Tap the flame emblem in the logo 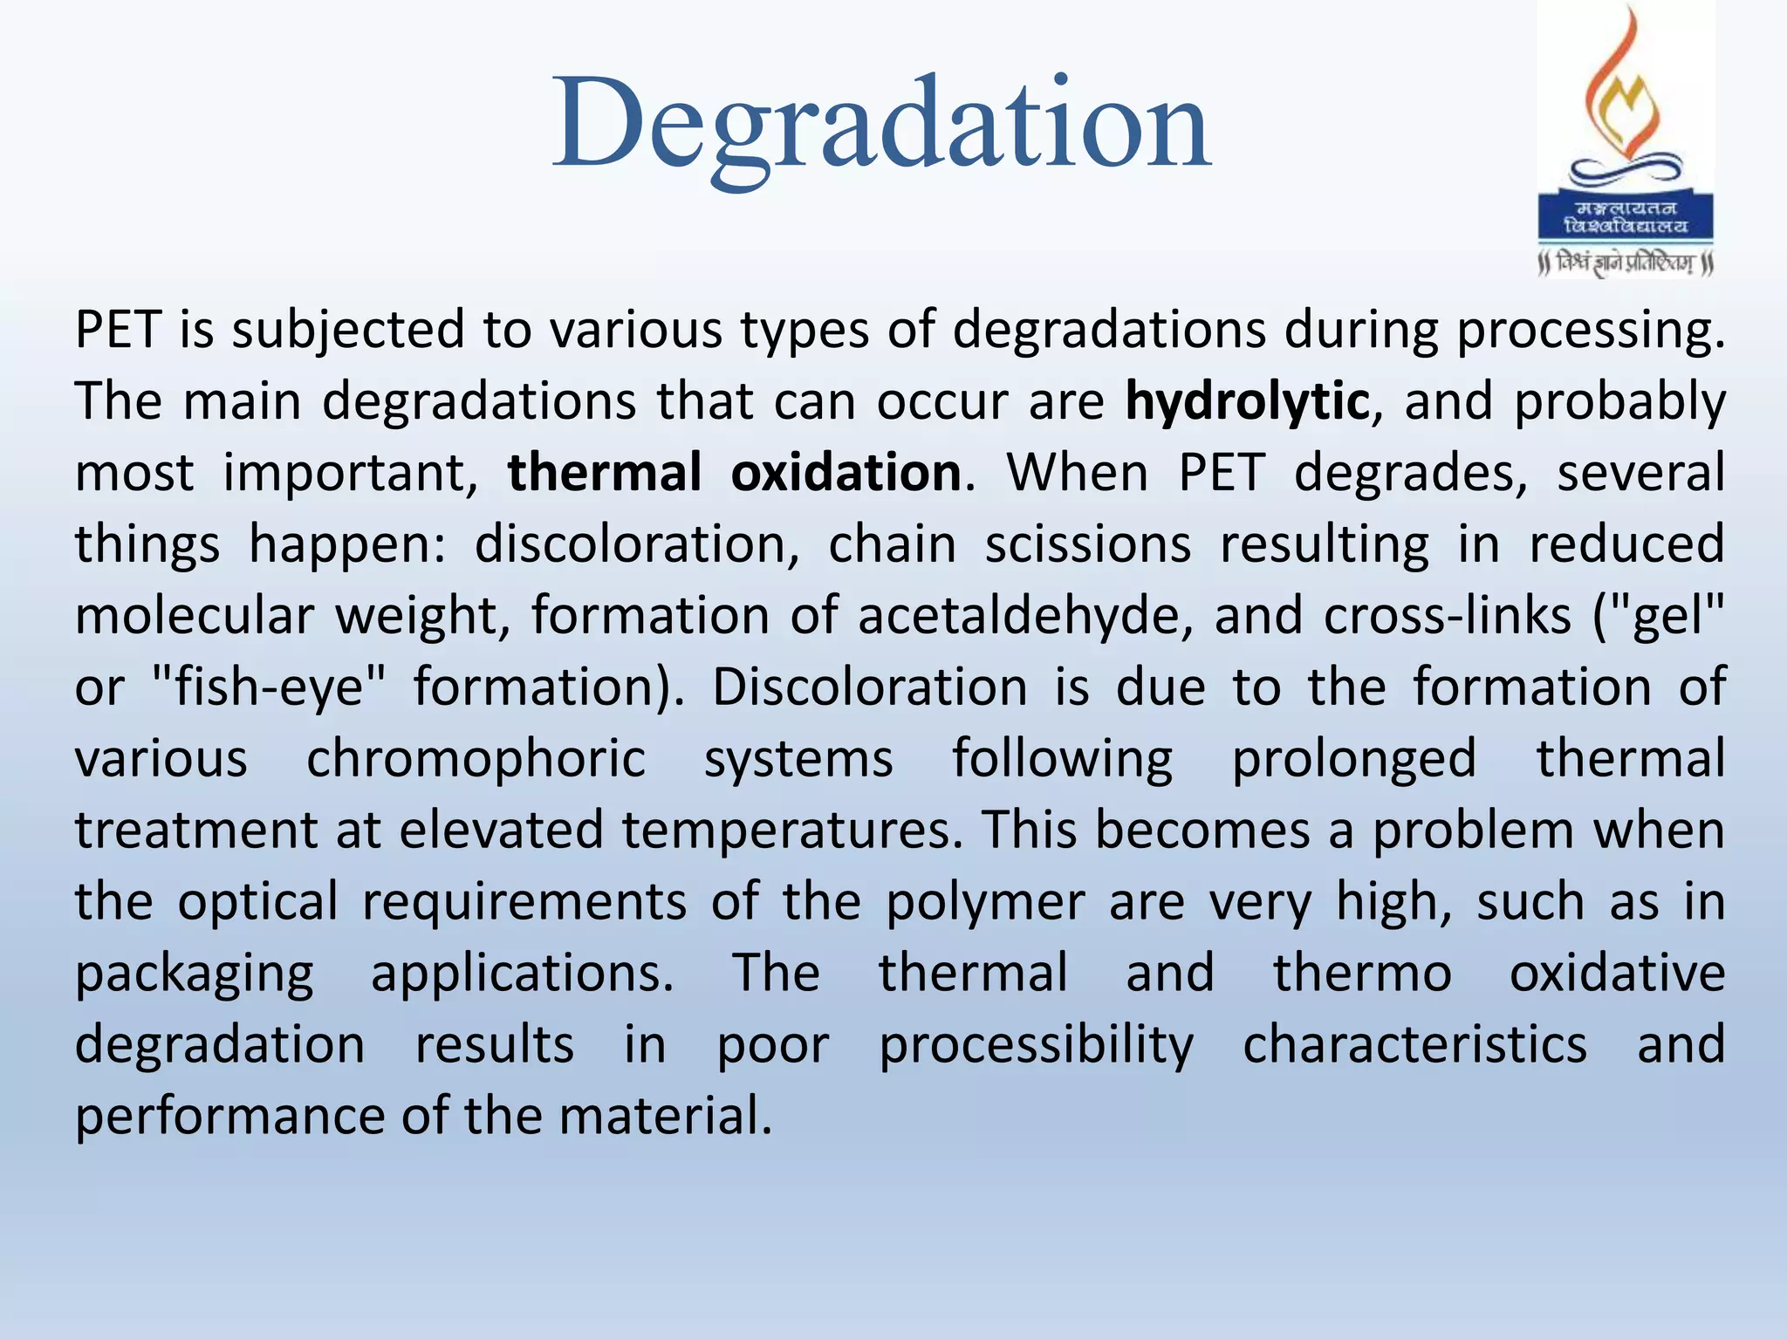pyautogui.click(x=1626, y=96)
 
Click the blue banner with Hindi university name pyautogui.click(x=1626, y=217)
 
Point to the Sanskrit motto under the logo pyautogui.click(x=1626, y=263)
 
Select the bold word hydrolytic pyautogui.click(x=1247, y=401)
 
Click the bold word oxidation pyautogui.click(x=846, y=473)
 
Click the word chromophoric pyautogui.click(x=476, y=758)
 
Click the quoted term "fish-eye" pyautogui.click(x=268, y=687)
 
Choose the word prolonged pyautogui.click(x=1353, y=758)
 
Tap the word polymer pyautogui.click(x=985, y=901)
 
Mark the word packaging pyautogui.click(x=194, y=974)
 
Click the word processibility pyautogui.click(x=1036, y=1045)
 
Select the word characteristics pyautogui.click(x=1414, y=1044)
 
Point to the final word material pyautogui.click(x=665, y=1116)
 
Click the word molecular pyautogui.click(x=194, y=616)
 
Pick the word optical pyautogui.click(x=257, y=901)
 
